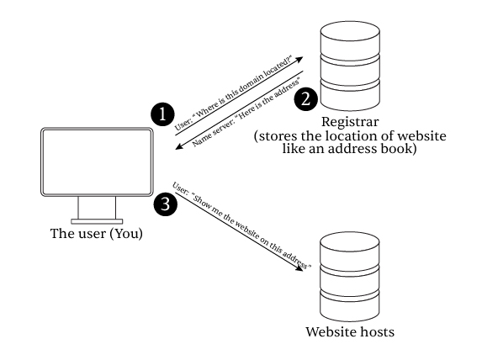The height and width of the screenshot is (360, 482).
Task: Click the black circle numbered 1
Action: tap(162, 114)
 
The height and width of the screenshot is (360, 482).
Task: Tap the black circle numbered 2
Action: tap(306, 99)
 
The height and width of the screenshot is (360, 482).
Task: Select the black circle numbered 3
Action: tap(166, 204)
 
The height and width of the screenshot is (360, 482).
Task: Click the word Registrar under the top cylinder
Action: tap(350, 122)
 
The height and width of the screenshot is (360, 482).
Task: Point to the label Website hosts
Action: tap(350, 332)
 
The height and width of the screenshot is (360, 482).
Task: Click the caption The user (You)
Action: tap(97, 234)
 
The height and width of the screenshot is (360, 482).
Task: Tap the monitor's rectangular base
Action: tap(97, 221)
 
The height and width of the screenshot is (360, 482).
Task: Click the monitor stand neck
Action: tap(97, 208)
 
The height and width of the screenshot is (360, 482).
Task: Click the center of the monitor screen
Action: tap(97, 161)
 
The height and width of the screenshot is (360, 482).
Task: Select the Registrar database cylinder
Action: tap(350, 66)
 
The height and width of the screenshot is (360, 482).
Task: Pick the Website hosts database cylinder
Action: tap(350, 277)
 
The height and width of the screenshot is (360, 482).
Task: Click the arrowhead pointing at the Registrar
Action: tap(299, 59)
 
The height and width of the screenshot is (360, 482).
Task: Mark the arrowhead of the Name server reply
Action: tap(179, 146)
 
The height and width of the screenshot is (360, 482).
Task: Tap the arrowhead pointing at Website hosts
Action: tap(299, 268)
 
